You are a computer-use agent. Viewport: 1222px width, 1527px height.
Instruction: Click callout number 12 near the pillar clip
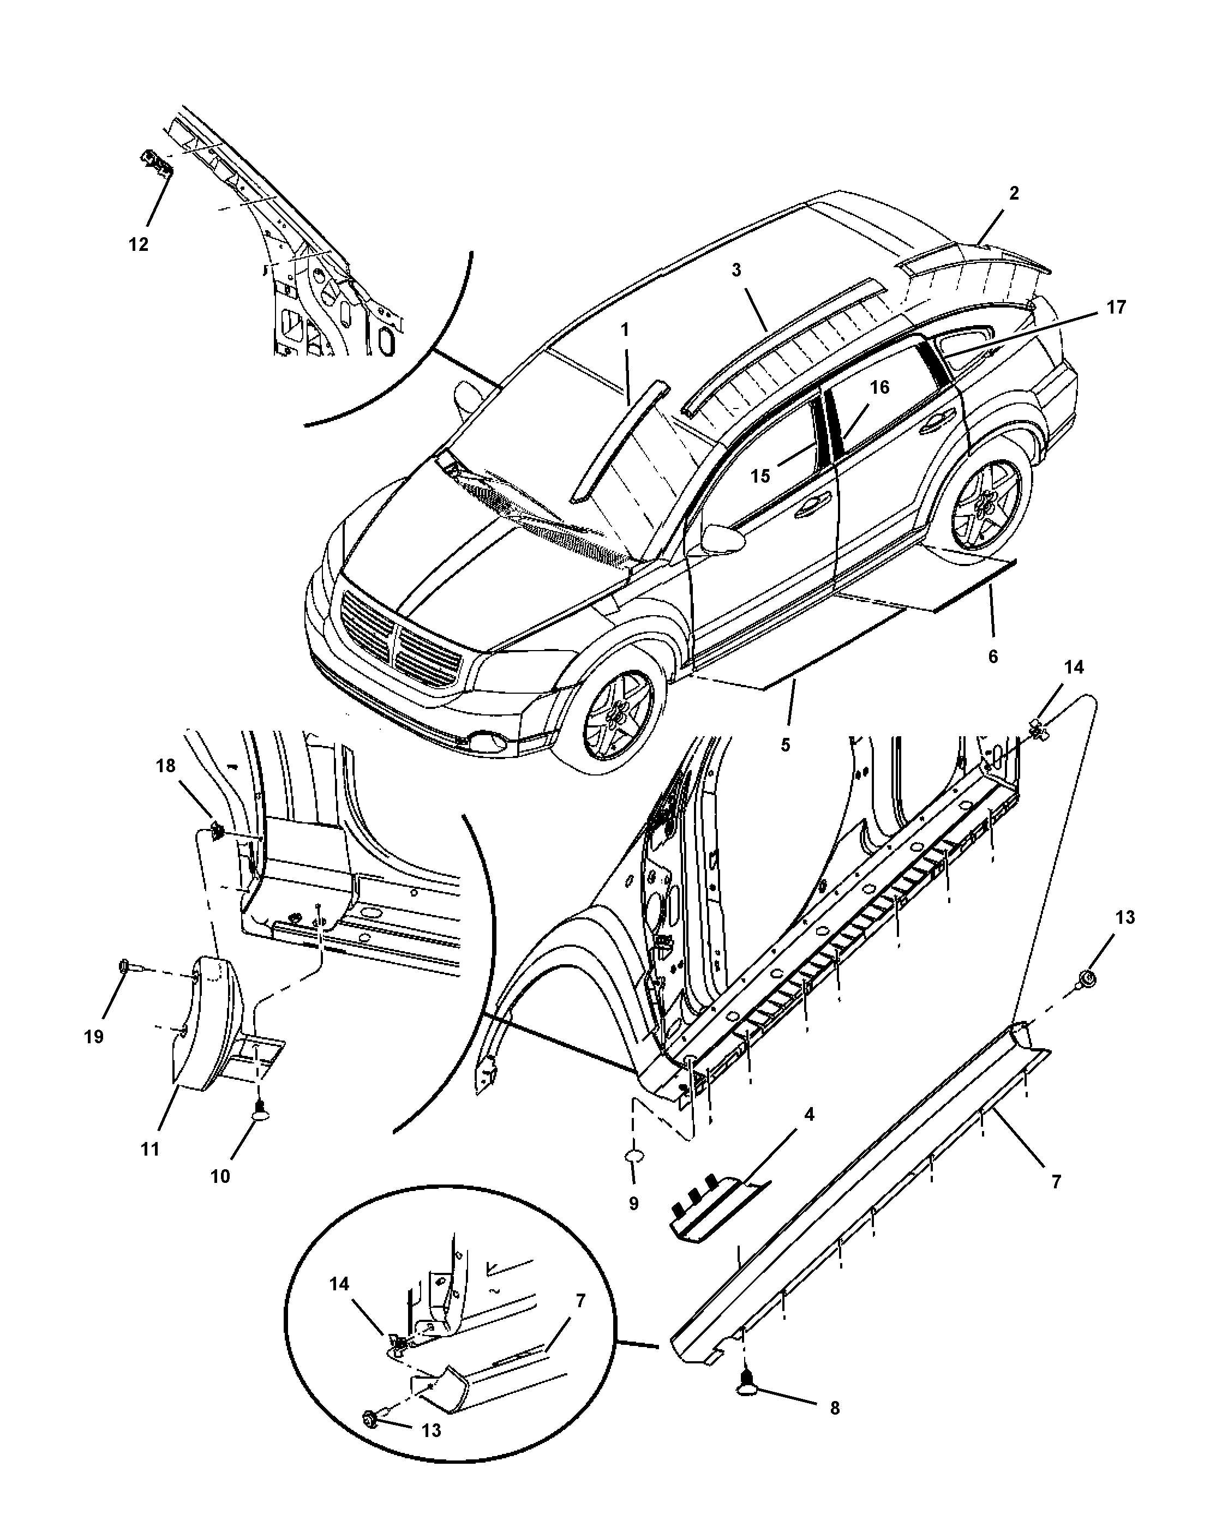pos(139,244)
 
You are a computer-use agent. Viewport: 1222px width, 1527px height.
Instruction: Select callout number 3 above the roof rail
pos(736,270)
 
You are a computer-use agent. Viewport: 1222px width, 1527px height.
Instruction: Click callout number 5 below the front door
pos(786,745)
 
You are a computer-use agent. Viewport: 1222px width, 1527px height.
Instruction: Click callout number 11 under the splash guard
pos(149,1149)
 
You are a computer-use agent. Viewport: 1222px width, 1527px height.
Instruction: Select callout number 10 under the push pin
pos(220,1176)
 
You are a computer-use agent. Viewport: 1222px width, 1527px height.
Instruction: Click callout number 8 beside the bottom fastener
pos(835,1408)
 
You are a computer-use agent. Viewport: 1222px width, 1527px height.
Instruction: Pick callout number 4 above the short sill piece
pos(809,1114)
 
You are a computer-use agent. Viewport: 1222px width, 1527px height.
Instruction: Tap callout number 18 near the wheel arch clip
pos(166,766)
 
